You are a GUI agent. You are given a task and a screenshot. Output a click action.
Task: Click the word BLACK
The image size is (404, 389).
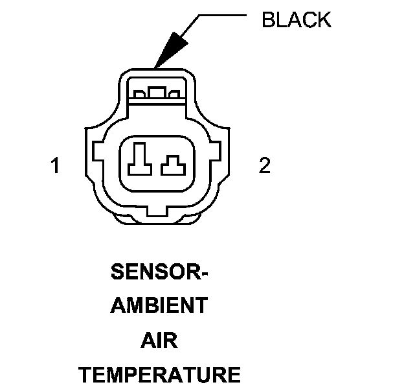click(x=296, y=20)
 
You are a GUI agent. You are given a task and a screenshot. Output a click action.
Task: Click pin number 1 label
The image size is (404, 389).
click(x=56, y=167)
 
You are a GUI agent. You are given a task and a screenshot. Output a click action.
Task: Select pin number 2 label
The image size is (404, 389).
click(x=264, y=167)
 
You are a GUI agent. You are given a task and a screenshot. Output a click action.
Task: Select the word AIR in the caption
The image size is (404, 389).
click(x=159, y=340)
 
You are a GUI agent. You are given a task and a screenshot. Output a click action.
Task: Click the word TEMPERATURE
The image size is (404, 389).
click(x=159, y=375)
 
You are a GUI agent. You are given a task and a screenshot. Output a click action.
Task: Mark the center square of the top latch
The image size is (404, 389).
click(x=156, y=93)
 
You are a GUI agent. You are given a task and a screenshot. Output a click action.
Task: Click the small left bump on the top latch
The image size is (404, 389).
click(x=138, y=95)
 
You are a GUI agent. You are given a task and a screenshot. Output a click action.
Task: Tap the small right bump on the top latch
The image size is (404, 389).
click(x=173, y=95)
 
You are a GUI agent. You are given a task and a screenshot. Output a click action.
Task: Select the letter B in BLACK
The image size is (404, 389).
click(x=267, y=20)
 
